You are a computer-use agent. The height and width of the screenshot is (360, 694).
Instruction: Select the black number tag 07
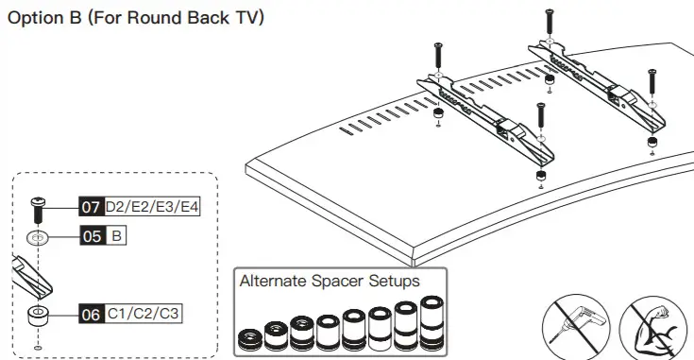(x=90, y=205)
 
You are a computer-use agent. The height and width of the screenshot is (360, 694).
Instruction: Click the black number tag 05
(x=90, y=236)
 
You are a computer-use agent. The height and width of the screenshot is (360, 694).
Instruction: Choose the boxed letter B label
(x=116, y=236)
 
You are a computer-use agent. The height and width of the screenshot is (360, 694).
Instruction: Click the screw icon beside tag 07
(x=38, y=207)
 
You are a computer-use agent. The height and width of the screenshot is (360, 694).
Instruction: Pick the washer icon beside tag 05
(x=38, y=237)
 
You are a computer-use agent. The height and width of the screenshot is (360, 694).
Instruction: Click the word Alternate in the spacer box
(x=274, y=281)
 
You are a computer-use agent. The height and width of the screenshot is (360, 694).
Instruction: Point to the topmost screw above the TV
(x=549, y=24)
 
